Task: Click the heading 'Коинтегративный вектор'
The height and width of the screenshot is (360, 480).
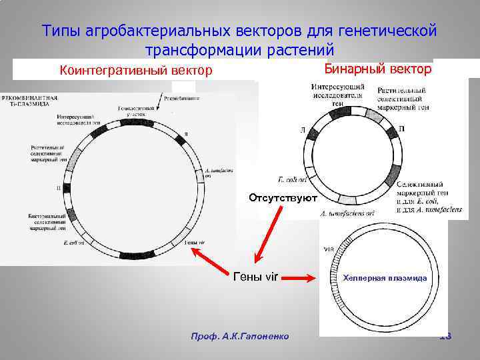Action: (x=136, y=70)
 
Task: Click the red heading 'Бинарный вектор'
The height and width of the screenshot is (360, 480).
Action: (x=377, y=69)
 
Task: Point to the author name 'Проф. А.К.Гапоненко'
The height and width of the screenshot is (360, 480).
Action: (x=240, y=336)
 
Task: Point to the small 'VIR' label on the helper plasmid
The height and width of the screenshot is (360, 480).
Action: (x=328, y=249)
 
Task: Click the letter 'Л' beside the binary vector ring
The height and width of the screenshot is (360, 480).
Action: (x=303, y=131)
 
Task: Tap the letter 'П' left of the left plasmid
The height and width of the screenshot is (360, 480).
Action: (x=59, y=188)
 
